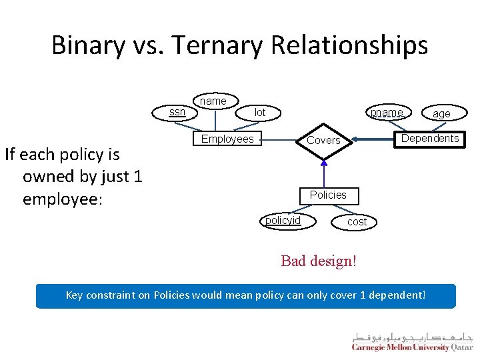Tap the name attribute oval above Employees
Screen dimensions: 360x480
click(213, 101)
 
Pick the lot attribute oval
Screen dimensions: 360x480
click(259, 113)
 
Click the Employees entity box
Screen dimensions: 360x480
click(227, 139)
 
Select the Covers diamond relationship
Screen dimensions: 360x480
click(323, 141)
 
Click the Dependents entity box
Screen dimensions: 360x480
click(429, 139)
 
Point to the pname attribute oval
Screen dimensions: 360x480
click(387, 113)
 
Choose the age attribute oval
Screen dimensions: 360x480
click(441, 114)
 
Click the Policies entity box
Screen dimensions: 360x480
click(327, 195)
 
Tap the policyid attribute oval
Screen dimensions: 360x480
click(283, 221)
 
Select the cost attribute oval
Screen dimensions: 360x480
click(357, 222)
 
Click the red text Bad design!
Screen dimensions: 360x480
click(319, 261)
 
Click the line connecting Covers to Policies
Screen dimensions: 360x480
click(324, 173)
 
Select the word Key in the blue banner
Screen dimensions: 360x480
click(75, 295)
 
